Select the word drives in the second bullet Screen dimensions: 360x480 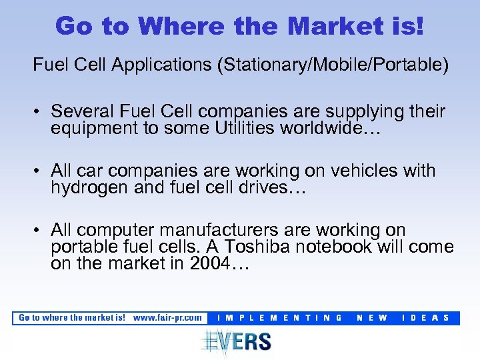pos(272,188)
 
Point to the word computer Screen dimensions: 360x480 pos(123,230)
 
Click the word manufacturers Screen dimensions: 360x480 pos(234,230)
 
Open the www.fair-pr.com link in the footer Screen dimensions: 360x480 pos(167,318)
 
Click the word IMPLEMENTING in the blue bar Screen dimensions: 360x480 pos(280,318)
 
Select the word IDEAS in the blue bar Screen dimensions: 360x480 pos(426,318)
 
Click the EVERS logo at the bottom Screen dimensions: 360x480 pos(237,341)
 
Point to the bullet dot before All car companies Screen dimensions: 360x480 pos(39,172)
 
